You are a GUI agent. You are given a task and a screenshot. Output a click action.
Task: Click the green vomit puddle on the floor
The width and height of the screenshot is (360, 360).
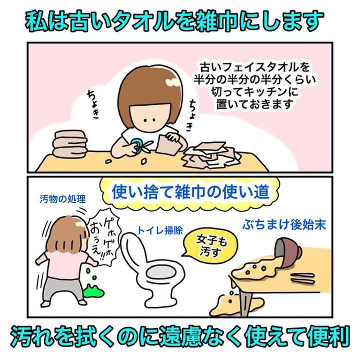click(x=93, y=290)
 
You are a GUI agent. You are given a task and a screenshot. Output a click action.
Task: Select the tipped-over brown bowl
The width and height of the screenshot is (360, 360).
click(x=289, y=249)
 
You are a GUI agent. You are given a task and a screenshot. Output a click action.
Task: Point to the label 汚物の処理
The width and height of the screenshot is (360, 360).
click(x=62, y=199)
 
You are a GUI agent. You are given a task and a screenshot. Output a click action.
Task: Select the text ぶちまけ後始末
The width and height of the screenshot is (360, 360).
click(x=284, y=224)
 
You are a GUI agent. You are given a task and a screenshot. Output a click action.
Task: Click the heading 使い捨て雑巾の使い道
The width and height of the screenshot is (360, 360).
click(x=190, y=191)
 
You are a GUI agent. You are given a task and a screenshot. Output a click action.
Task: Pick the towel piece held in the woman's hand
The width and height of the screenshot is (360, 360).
click(x=168, y=144)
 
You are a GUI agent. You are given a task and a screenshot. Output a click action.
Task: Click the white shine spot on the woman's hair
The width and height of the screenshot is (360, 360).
click(x=172, y=82)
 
